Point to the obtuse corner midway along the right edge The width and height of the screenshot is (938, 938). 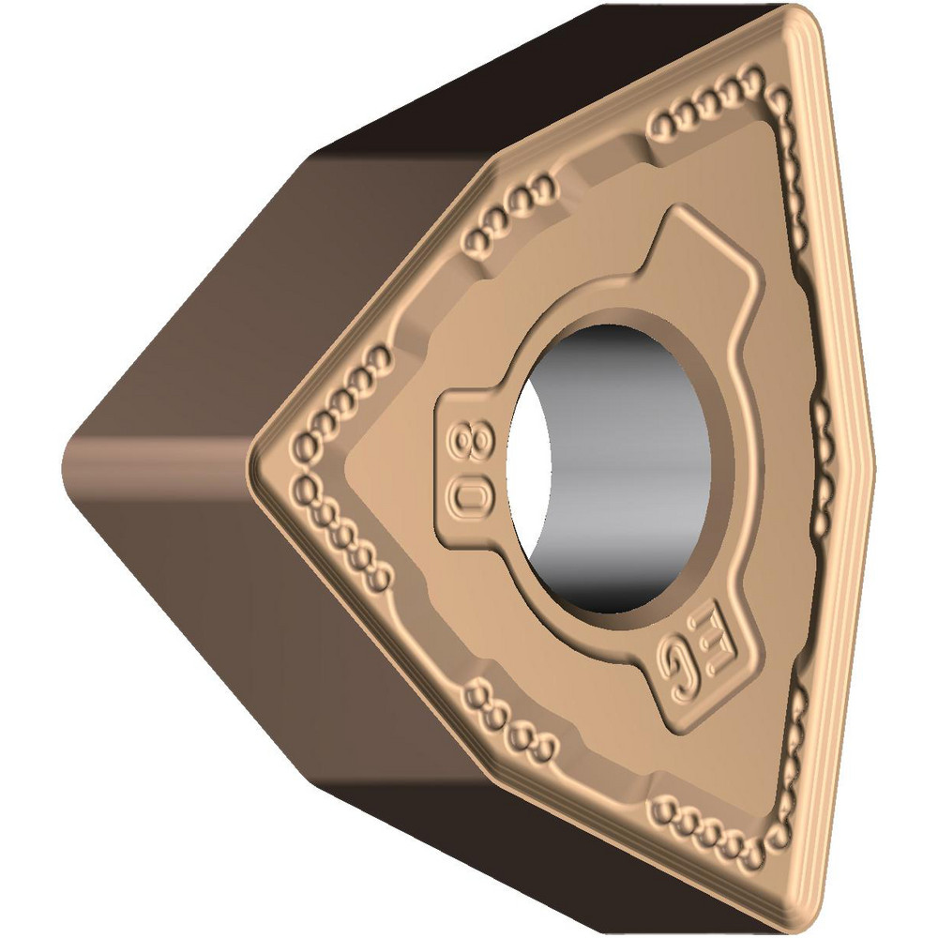[x=870, y=460]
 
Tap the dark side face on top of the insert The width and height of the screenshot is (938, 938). [x=525, y=75]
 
